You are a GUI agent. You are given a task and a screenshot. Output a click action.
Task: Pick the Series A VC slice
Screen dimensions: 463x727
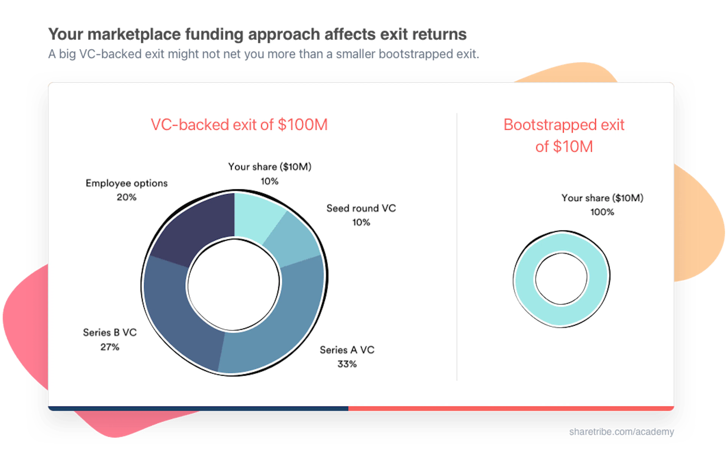click(281, 326)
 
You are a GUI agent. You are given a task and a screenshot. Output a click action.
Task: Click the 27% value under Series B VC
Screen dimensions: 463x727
click(110, 347)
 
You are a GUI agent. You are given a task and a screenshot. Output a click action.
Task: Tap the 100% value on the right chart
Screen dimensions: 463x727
click(602, 212)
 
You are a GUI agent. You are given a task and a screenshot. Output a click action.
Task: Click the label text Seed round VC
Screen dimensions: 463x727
click(361, 208)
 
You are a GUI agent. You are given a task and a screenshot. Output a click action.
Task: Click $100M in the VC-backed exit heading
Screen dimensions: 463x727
click(303, 125)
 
